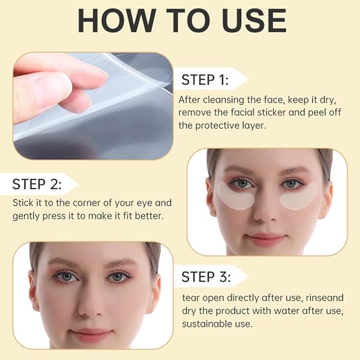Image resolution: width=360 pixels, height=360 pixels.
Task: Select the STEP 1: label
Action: coord(205,80)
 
